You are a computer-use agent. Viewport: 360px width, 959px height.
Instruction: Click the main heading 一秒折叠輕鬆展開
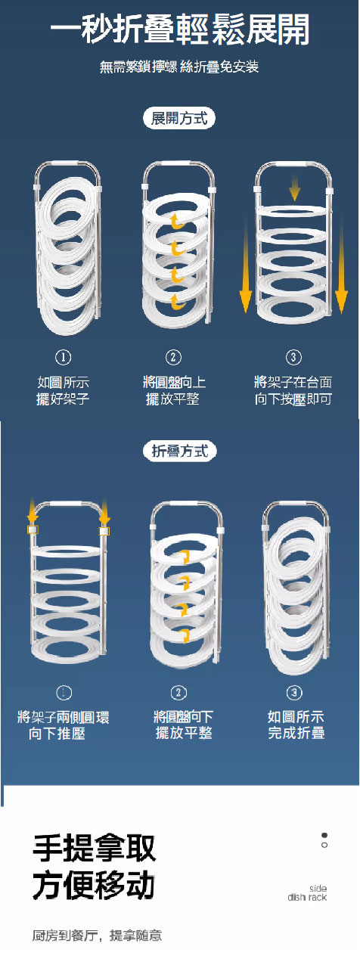[x=180, y=32]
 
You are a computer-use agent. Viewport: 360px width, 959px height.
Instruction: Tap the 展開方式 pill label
[x=180, y=118]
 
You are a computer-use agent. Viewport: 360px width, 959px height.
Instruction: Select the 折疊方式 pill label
[x=180, y=451]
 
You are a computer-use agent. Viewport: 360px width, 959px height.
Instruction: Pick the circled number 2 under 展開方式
[x=174, y=357]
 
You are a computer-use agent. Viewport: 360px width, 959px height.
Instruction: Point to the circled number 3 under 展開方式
[x=293, y=357]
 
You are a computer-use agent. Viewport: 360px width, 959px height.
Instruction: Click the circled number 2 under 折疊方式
[x=179, y=693]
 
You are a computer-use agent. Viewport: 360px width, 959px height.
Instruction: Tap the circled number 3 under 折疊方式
[x=295, y=693]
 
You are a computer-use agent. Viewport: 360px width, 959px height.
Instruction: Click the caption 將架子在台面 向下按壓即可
[x=293, y=390]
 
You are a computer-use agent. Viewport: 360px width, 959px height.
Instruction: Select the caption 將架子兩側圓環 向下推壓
[x=64, y=725]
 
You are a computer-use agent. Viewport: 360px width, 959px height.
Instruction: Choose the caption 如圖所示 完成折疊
[x=296, y=725]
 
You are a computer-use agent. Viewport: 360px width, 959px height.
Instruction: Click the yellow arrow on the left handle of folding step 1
[x=33, y=513]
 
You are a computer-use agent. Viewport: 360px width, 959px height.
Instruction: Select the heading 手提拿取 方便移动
[x=95, y=867]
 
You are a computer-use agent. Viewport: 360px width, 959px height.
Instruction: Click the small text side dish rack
[x=308, y=893]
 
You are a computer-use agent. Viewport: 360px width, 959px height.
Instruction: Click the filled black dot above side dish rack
[x=324, y=835]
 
